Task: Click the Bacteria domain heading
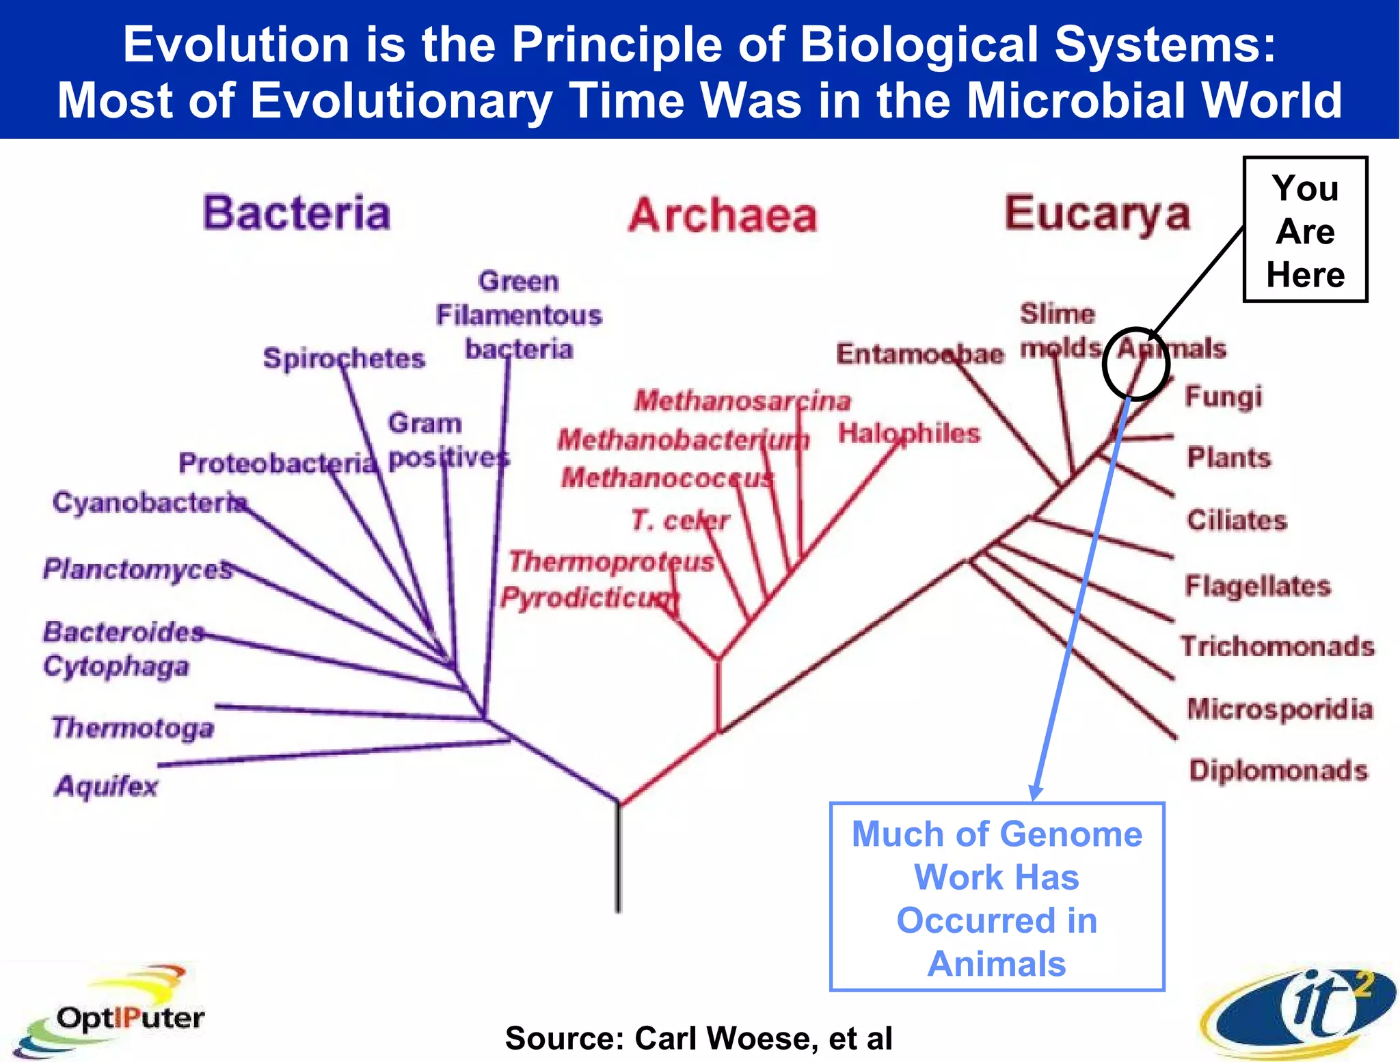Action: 296,213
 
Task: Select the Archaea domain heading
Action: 723,215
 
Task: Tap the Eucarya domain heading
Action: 1096,213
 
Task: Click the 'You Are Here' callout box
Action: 1304,230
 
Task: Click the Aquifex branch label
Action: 106,786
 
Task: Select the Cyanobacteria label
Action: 149,503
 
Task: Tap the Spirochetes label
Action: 344,358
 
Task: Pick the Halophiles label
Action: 909,434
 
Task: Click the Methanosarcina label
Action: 742,401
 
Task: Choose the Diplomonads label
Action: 1278,771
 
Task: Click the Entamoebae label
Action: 920,354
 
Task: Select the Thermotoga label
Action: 133,728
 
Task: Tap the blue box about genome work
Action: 996,897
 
